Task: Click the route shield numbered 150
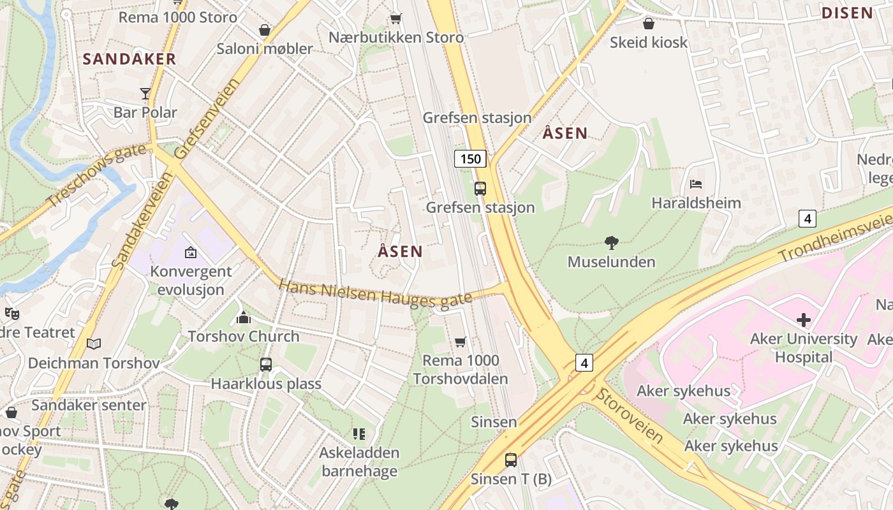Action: (471, 159)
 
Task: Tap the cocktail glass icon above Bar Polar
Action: (145, 94)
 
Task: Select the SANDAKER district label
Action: (129, 59)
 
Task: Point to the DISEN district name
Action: (847, 13)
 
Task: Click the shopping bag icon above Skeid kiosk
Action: (649, 24)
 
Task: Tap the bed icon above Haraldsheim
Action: (696, 185)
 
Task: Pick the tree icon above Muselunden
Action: (611, 243)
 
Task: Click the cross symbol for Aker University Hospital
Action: (804, 319)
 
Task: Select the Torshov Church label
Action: (244, 336)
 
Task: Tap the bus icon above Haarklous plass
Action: (266, 365)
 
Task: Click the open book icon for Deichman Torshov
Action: (94, 344)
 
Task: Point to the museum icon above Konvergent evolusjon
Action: (190, 253)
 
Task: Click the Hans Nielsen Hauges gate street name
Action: (375, 293)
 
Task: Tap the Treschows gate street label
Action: (97, 177)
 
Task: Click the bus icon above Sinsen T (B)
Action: (511, 460)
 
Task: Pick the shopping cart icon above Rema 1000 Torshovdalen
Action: (460, 342)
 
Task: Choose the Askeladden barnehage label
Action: (359, 462)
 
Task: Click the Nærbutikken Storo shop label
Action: (396, 38)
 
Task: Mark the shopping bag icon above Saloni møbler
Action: (265, 30)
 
